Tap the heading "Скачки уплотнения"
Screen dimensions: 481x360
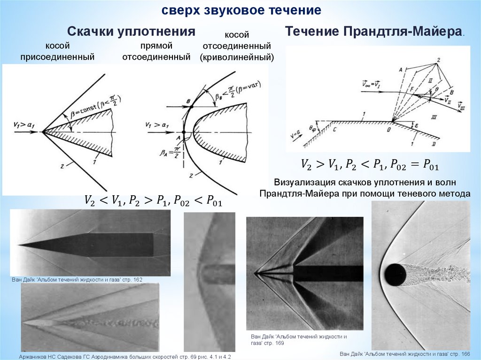(131, 32)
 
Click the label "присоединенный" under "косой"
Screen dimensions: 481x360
(57, 57)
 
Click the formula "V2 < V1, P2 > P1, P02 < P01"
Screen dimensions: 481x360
(152, 200)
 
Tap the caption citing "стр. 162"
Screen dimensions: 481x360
(77, 280)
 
